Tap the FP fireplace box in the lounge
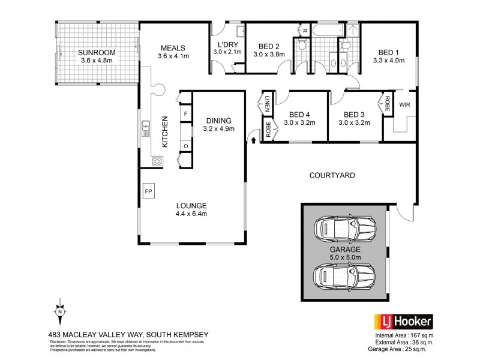pyautogui.click(x=148, y=191)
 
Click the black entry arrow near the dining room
pyautogui.click(x=253, y=139)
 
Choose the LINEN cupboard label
pyautogui.click(x=263, y=103)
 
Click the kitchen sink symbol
pyautogui.click(x=146, y=127)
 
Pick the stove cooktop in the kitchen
pyautogui.click(x=157, y=160)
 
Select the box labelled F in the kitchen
pyautogui.click(x=186, y=113)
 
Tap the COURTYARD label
pyautogui.click(x=332, y=176)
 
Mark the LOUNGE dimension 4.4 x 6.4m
pyautogui.click(x=191, y=213)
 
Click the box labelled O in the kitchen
pyautogui.click(x=186, y=146)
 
